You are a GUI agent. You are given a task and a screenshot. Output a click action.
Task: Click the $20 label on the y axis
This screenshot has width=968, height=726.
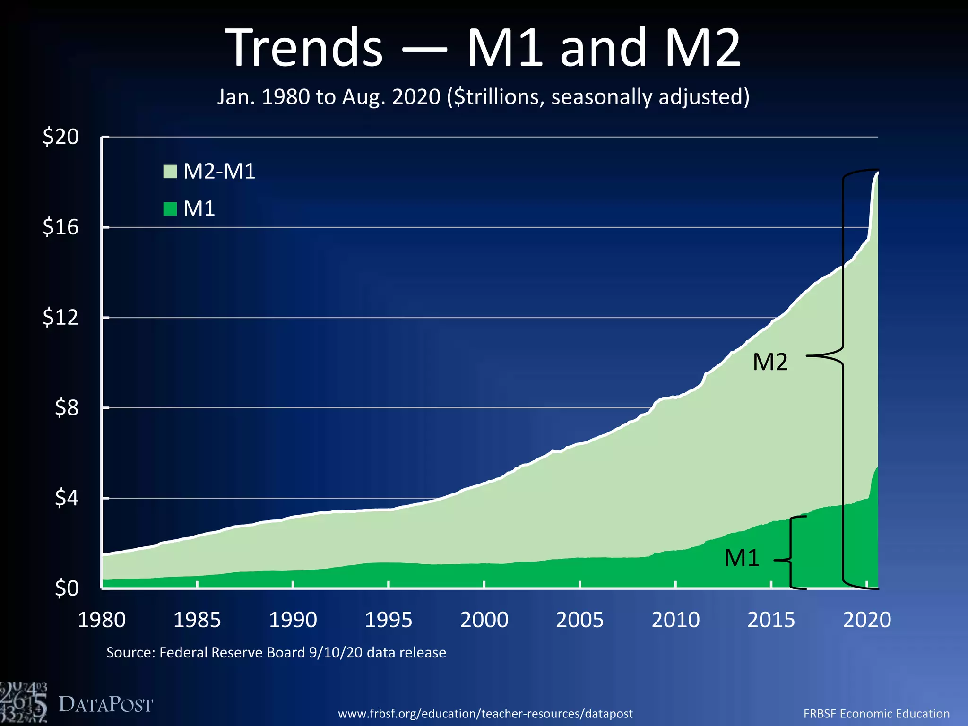pyautogui.click(x=60, y=137)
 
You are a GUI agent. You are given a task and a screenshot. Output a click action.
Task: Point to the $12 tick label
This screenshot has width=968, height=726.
pyautogui.click(x=60, y=317)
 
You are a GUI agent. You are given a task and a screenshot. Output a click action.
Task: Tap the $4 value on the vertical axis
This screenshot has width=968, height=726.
pyautogui.click(x=66, y=498)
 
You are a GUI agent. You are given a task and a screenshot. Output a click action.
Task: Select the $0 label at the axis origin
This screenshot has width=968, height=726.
pyautogui.click(x=66, y=588)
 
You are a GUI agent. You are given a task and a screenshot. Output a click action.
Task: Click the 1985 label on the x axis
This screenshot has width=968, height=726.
pyautogui.click(x=197, y=620)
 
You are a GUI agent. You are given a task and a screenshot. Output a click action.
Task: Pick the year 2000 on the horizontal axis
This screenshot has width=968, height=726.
pyautogui.click(x=484, y=620)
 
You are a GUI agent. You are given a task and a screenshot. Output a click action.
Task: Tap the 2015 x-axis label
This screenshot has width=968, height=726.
pyautogui.click(x=771, y=620)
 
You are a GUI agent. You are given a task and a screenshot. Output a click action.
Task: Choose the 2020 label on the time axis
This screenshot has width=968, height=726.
pyautogui.click(x=867, y=620)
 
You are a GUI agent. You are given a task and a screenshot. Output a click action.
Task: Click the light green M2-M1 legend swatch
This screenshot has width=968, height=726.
pyautogui.click(x=170, y=171)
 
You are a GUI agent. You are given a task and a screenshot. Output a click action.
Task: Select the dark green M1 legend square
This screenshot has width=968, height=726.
pyautogui.click(x=170, y=208)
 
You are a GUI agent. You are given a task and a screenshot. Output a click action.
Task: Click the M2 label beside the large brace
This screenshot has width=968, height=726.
pyautogui.click(x=770, y=362)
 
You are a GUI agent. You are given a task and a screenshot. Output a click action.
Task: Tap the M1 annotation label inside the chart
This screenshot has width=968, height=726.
pyautogui.click(x=742, y=558)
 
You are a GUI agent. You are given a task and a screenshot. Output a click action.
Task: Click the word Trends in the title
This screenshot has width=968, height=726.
pyautogui.click(x=304, y=48)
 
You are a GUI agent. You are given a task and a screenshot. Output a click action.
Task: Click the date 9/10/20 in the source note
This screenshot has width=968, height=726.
pyautogui.click(x=335, y=653)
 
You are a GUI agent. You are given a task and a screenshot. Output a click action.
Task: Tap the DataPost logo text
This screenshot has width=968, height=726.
pyautogui.click(x=105, y=705)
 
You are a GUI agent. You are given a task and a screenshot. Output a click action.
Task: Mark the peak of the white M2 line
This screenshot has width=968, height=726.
pyautogui.click(x=877, y=173)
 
